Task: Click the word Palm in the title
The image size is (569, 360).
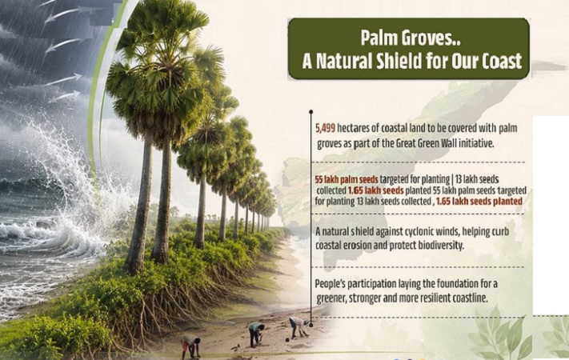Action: [377, 38]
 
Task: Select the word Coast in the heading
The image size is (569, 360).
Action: [502, 61]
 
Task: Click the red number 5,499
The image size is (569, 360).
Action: [325, 128]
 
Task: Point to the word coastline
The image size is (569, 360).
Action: [469, 298]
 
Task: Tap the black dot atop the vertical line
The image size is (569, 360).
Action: [311, 112]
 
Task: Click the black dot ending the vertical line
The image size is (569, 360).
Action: [311, 325]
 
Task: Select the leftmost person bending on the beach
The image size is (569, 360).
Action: [191, 345]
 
